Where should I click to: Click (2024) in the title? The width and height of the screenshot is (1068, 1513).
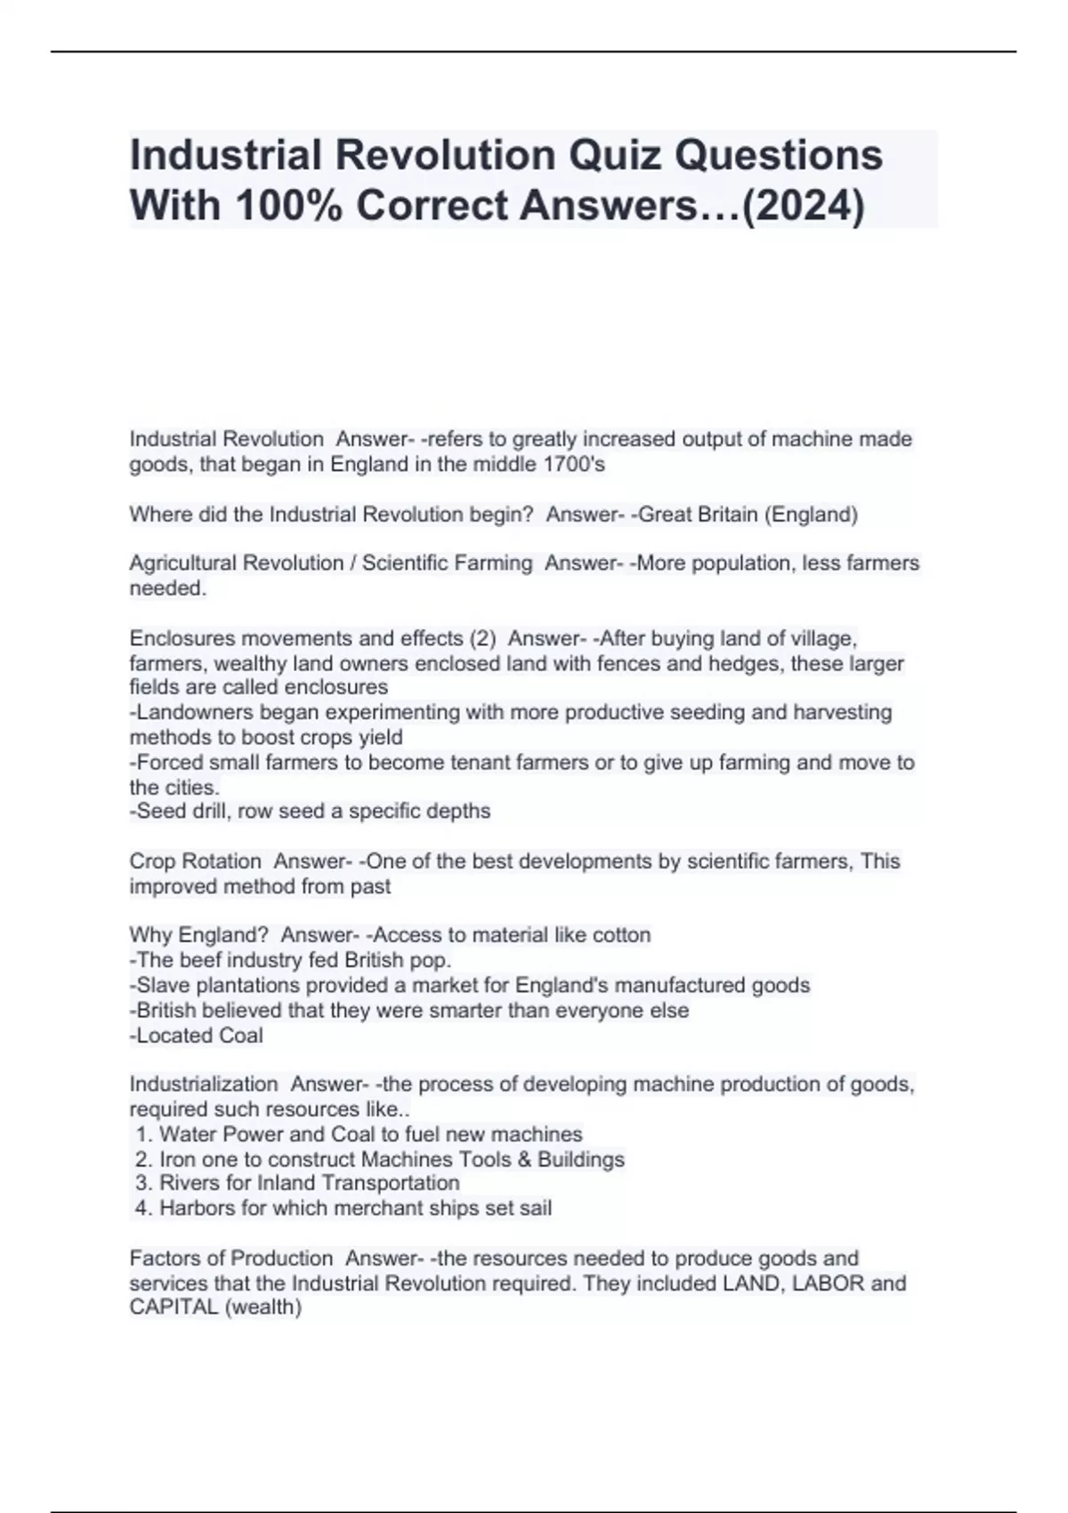pos(803,206)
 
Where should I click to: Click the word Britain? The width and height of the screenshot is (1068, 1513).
pos(725,514)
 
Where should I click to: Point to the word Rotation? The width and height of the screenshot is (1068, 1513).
pos(221,862)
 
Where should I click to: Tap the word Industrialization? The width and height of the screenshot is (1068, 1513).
pos(204,1085)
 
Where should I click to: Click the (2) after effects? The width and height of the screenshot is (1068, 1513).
pos(481,639)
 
